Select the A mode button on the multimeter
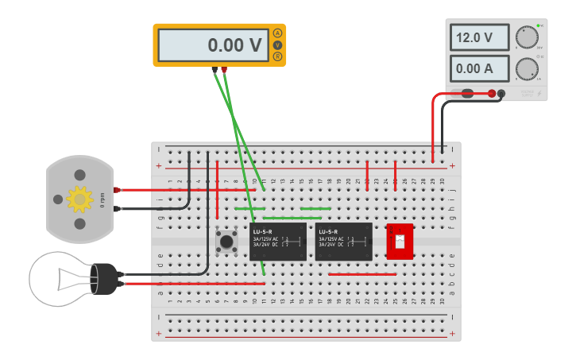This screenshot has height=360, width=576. coord(277,33)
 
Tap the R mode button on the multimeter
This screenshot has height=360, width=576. coord(277,56)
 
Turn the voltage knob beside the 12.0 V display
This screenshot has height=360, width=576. coord(525,37)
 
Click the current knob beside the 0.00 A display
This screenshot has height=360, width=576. coord(525,68)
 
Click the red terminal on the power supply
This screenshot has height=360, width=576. coord(493,94)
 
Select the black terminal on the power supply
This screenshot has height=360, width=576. coord(502,94)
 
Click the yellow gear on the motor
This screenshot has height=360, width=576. coord(79,199)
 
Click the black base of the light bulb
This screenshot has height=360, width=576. coord(104,277)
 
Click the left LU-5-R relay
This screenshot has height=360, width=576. coord(277,241)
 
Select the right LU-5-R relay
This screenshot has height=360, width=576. coord(343,241)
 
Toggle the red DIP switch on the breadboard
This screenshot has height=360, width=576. coord(400,241)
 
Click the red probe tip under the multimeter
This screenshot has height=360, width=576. coord(224,71)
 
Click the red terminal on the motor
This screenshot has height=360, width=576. coord(118,190)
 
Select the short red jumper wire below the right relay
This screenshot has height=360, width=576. coord(361,274)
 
